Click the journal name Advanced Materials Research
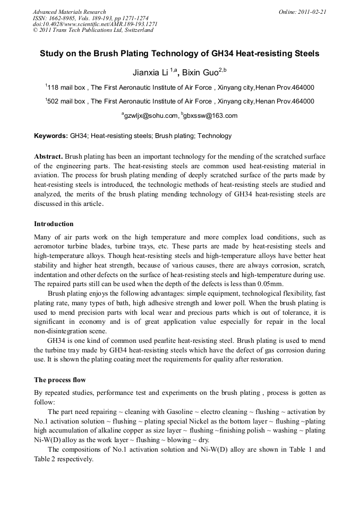click(69, 12)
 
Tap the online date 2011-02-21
click(311, 12)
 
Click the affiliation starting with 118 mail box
click(181, 88)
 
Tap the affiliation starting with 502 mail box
click(181, 101)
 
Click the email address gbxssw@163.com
click(210, 116)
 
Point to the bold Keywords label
click(51, 136)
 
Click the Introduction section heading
click(54, 224)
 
